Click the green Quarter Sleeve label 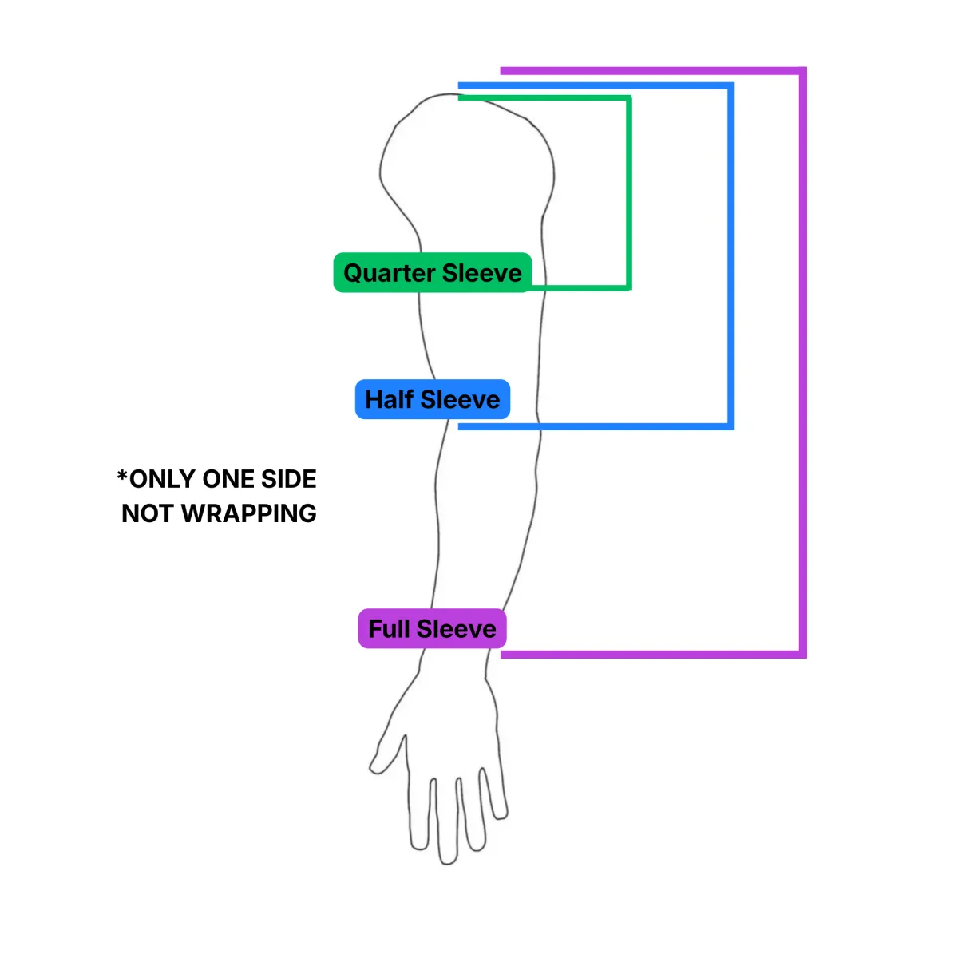[432, 273]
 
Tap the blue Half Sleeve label [432, 399]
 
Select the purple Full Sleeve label [432, 629]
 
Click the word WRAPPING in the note [249, 513]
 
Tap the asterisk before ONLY [122, 477]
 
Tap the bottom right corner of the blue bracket [730, 426]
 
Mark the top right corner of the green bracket [628, 99]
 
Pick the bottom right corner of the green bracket [628, 287]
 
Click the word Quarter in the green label [390, 273]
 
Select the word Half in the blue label [389, 399]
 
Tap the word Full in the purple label [389, 629]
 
